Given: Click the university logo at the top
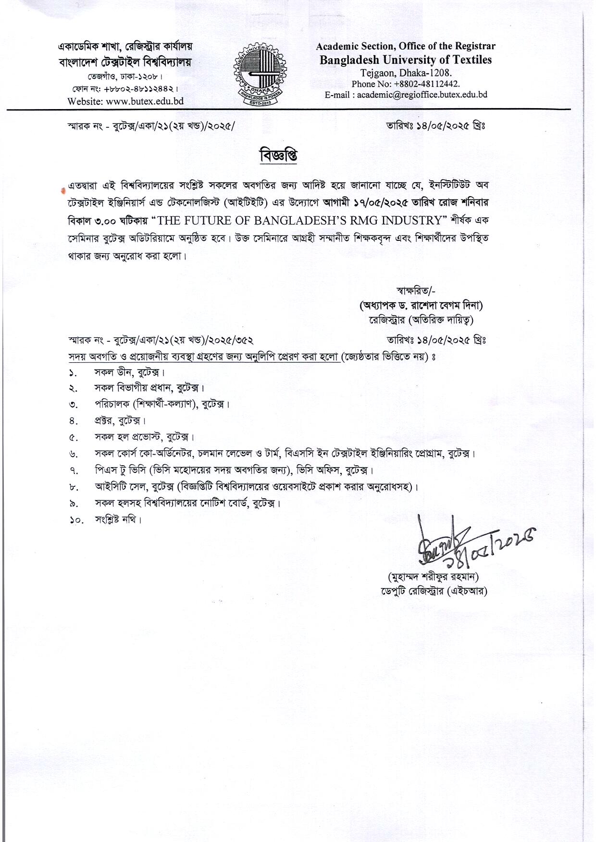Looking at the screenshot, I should tap(260, 73).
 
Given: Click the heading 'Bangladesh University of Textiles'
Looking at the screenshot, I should tap(406, 60).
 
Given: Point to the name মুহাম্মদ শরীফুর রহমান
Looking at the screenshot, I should tap(433, 577).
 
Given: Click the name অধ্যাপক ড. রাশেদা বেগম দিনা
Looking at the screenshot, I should tap(421, 305).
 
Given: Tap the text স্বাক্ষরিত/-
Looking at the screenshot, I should tap(416, 290).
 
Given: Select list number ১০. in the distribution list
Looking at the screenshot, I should tap(76, 520).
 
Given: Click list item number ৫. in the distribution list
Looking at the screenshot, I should tap(73, 438).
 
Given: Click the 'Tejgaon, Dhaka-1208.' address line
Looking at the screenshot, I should tap(406, 73).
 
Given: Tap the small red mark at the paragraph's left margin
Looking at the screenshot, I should tap(62, 190).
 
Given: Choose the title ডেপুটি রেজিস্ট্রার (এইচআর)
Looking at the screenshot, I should tap(434, 591).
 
